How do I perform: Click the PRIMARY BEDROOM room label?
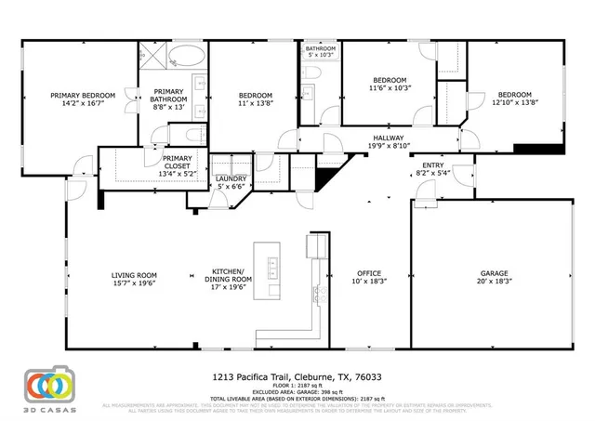pyautogui.click(x=83, y=95)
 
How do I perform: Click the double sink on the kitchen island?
pyautogui.click(x=272, y=270)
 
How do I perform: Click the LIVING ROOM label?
pyautogui.click(x=134, y=274)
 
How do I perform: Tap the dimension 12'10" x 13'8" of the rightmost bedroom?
pyautogui.click(x=513, y=103)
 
